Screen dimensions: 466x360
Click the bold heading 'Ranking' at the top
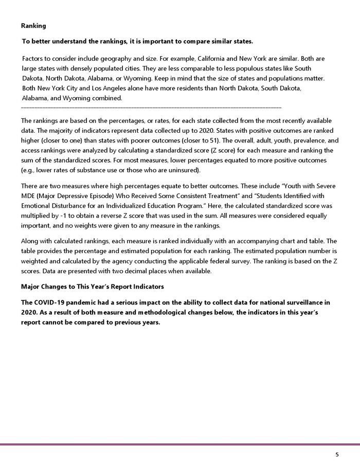(x=33, y=26)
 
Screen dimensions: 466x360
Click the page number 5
(x=337, y=455)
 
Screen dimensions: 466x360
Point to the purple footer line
(x=180, y=444)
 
